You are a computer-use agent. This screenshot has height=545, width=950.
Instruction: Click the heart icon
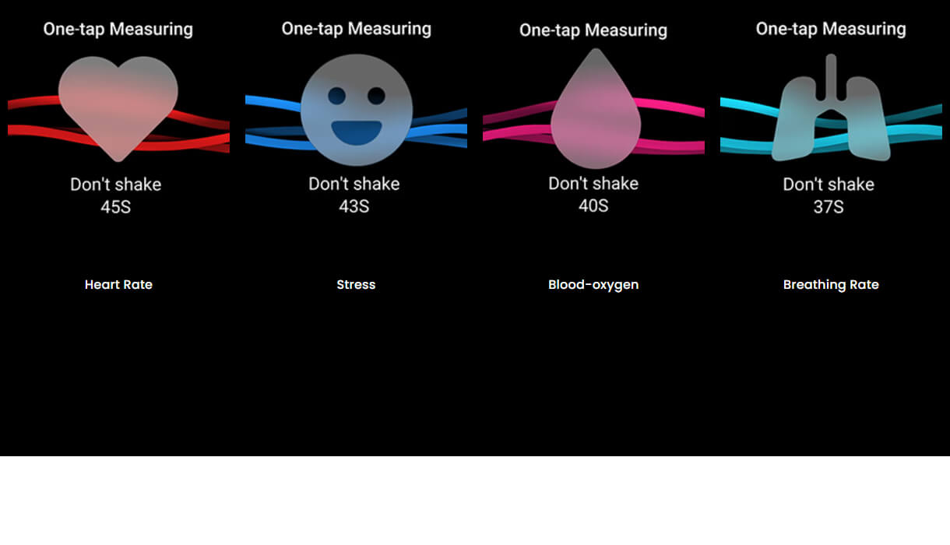118,105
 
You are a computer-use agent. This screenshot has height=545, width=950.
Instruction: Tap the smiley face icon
356,110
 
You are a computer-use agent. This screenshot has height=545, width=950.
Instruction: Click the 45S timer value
115,208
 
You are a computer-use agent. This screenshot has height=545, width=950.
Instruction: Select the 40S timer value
593,206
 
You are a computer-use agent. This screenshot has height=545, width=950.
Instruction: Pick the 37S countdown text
829,208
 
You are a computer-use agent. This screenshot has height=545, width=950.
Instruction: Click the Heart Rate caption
118,285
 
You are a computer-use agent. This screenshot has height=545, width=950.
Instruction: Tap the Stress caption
356,285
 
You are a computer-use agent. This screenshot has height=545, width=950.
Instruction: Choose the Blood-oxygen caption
593,285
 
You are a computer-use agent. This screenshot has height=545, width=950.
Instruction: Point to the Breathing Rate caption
831,285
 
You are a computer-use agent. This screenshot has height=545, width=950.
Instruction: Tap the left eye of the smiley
336,96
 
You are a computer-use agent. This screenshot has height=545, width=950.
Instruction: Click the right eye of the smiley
376,96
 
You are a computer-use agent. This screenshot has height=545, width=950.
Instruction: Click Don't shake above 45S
115,185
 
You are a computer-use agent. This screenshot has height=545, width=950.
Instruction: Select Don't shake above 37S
829,185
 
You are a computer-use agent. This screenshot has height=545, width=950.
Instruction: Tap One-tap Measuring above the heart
118,30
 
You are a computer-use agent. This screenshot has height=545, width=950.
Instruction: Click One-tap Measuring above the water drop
593,30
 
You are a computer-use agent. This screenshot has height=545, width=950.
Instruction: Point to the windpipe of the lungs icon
831,78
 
